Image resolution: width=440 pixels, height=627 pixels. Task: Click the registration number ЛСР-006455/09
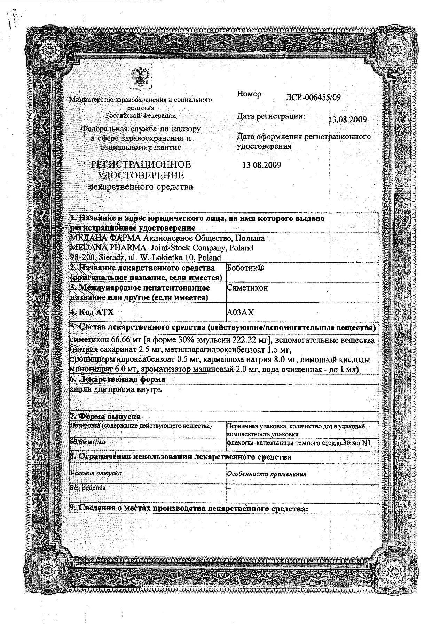coord(312,98)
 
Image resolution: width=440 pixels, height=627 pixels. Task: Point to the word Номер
coord(249,94)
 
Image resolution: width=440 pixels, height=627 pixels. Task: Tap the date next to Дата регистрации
coord(347,120)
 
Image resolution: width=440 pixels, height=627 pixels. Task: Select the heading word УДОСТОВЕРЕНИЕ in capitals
coord(141,175)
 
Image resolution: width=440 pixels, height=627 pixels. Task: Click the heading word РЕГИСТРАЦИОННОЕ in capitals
coord(141,164)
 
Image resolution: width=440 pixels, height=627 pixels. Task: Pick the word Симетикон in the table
coord(247,288)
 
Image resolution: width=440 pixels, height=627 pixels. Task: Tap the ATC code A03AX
coord(240,312)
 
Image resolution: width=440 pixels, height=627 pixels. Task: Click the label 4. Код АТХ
coord(92,312)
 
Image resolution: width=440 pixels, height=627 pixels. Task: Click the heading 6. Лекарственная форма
coord(118,379)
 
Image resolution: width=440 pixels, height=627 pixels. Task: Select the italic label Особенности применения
coord(266,474)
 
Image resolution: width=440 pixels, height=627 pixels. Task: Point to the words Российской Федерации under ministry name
coord(141,115)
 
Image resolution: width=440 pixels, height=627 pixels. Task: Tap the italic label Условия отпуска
coord(96,473)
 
